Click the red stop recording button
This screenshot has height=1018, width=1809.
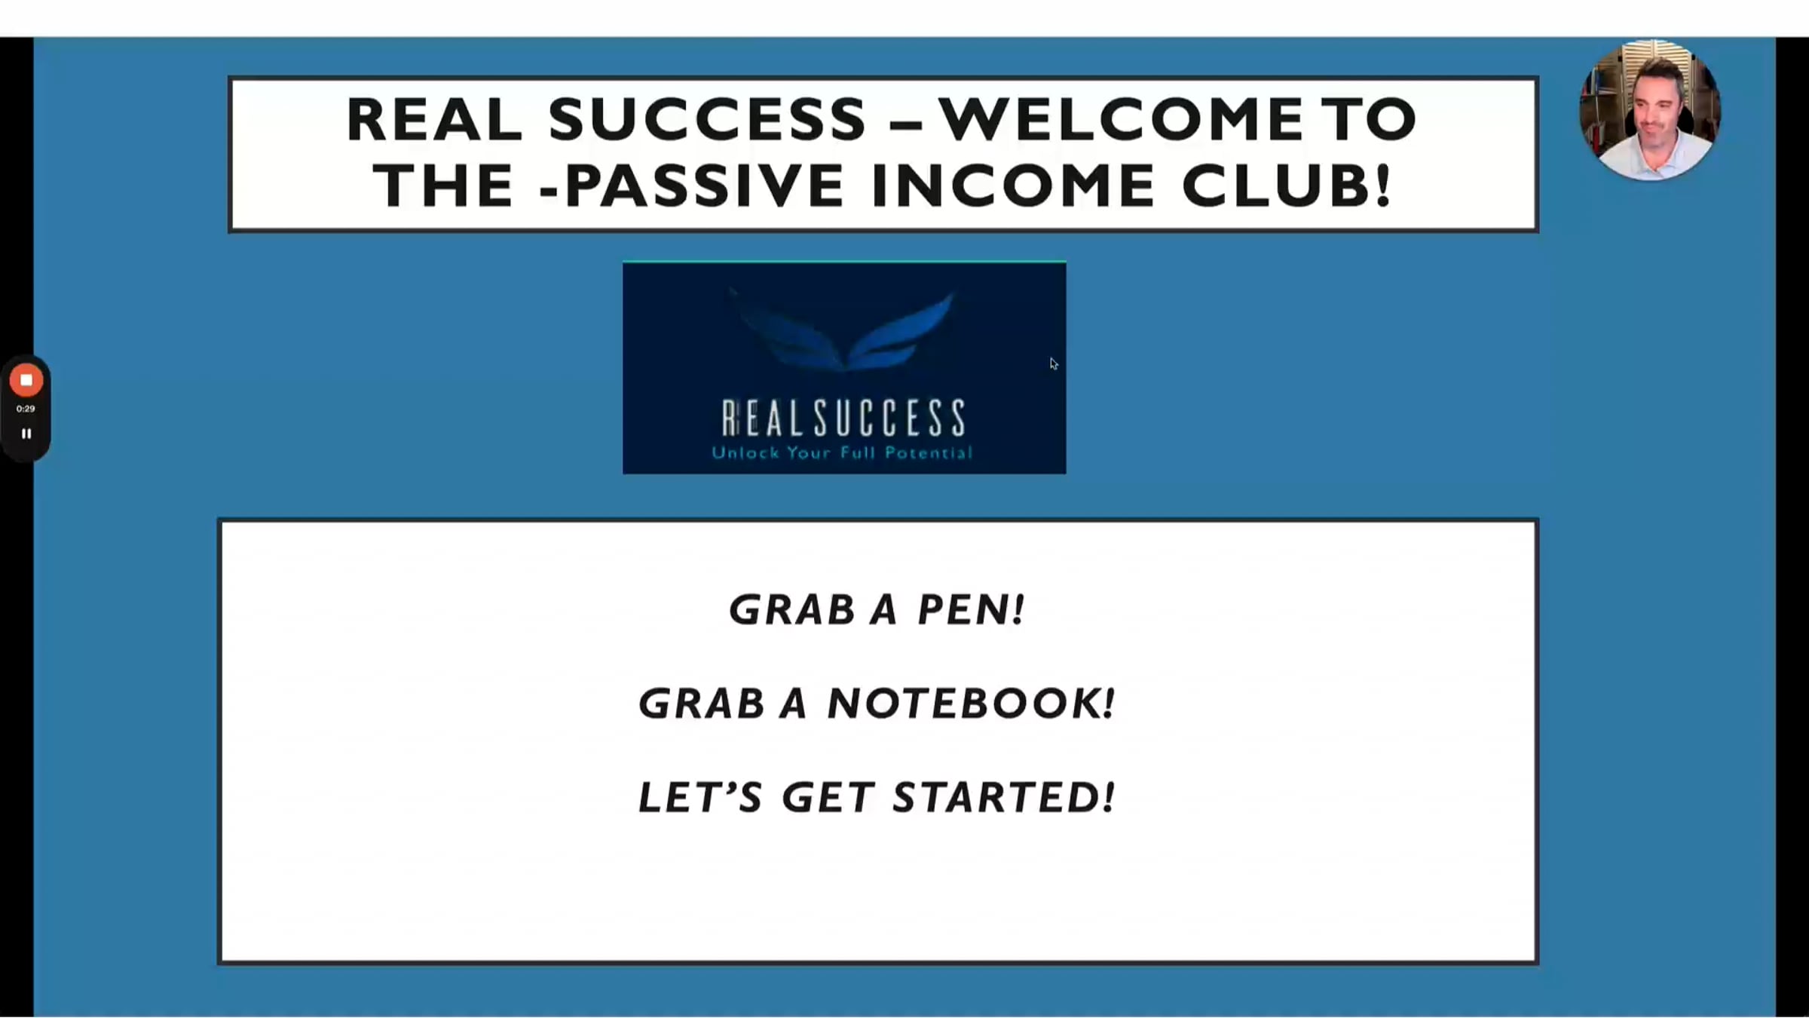pos(26,381)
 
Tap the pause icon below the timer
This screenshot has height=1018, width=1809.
pos(26,434)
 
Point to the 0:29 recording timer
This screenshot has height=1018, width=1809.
pos(26,409)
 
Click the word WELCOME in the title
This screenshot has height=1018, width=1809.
pos(1120,119)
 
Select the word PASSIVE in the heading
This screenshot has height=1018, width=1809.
pos(704,186)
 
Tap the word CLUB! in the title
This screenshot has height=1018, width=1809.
pos(1286,186)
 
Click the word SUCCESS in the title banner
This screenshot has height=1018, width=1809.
pos(707,119)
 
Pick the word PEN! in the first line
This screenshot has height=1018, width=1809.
pos(971,609)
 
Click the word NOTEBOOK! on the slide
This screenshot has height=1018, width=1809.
pos(971,704)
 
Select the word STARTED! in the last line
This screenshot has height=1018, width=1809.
pos(1003,798)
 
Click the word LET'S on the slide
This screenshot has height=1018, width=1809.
pos(700,798)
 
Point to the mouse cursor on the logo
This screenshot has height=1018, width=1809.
pos(1053,363)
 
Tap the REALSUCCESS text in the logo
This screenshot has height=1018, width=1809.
pos(843,419)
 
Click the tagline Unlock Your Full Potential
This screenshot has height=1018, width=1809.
pos(842,453)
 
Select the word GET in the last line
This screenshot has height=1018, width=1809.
pos(828,798)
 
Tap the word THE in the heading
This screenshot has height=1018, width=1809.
pos(443,186)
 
